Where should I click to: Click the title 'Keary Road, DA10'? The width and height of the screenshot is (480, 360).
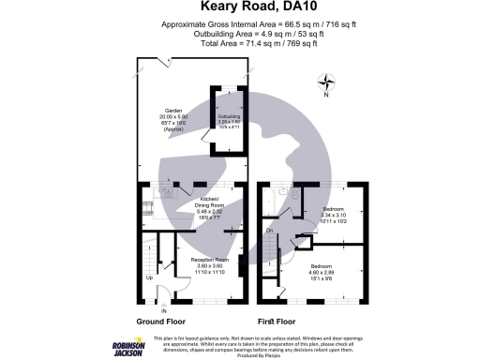click(x=240, y=8)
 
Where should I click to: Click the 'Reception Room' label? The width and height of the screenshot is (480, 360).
click(x=210, y=260)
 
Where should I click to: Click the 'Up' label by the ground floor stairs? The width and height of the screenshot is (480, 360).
click(x=148, y=277)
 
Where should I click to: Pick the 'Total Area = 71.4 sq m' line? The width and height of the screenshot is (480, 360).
click(x=240, y=43)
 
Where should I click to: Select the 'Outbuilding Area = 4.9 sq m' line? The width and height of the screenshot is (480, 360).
click(x=240, y=33)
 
